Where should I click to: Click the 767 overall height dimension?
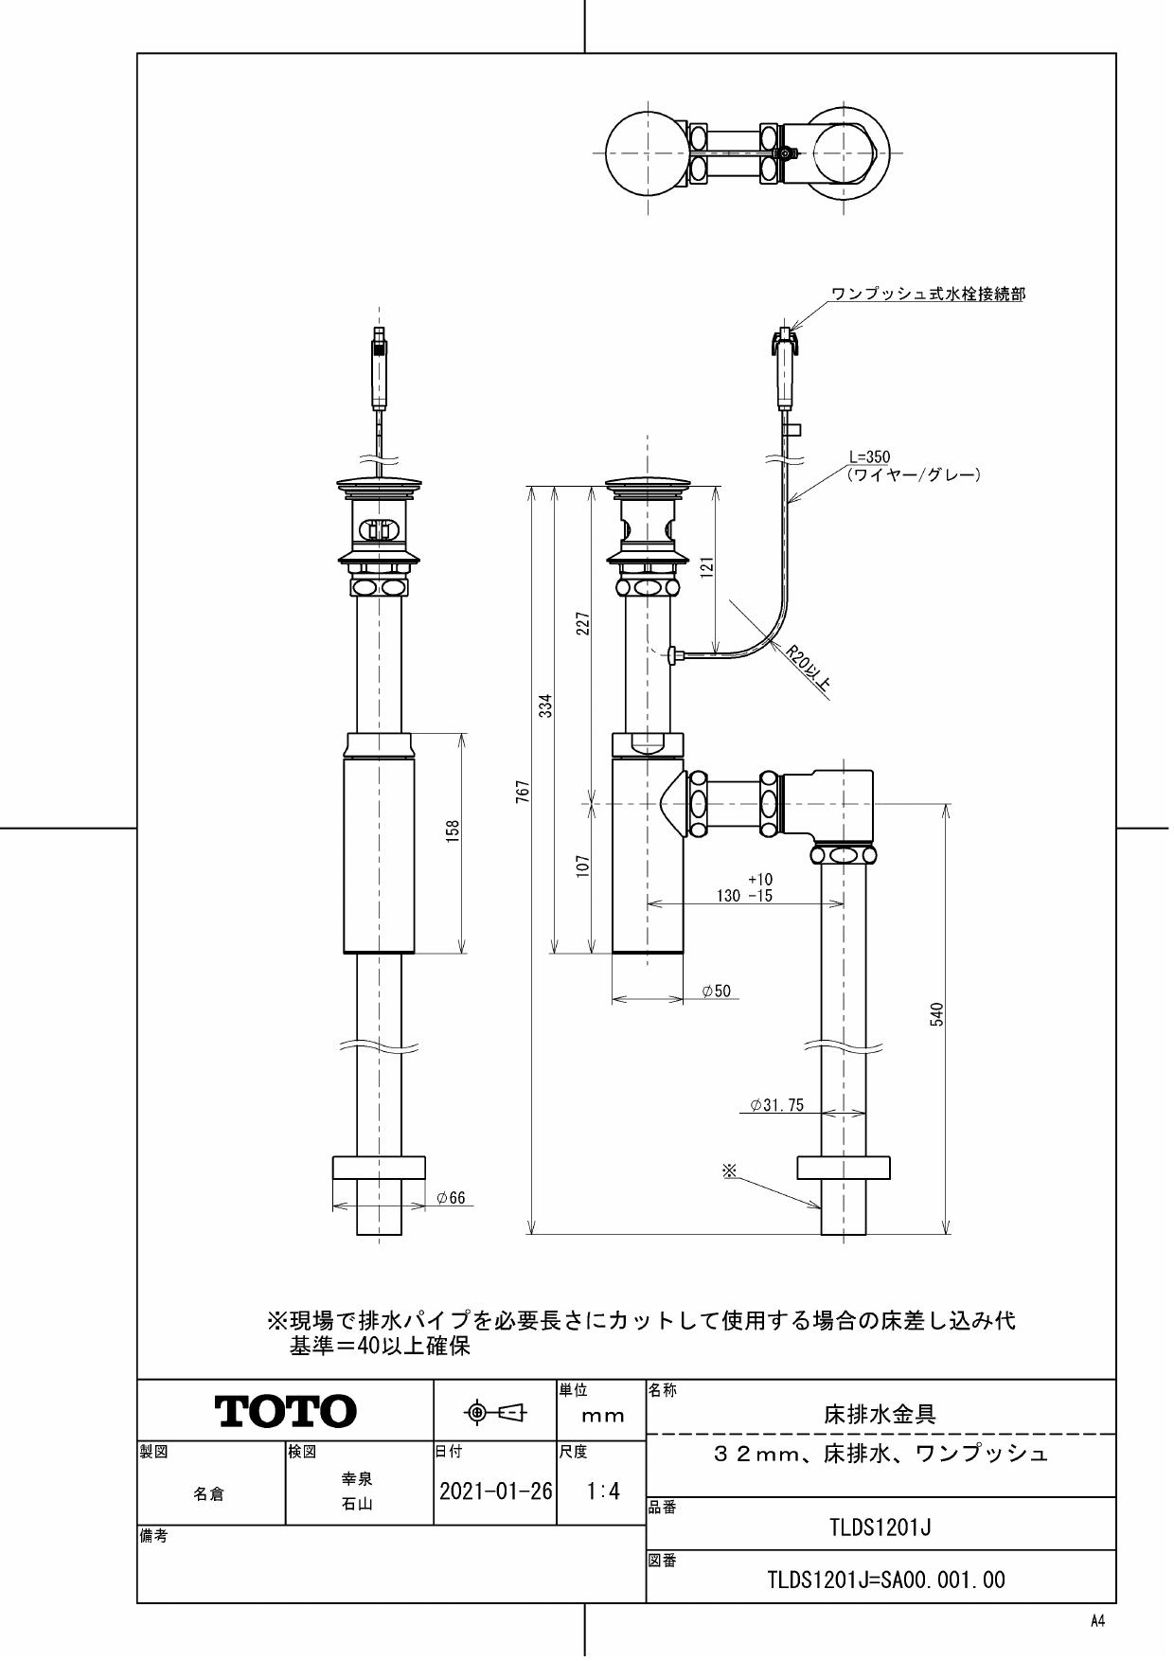[x=523, y=792]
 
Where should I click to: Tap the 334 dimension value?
[x=545, y=705]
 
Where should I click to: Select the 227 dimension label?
[x=583, y=623]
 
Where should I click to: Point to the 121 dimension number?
[x=707, y=566]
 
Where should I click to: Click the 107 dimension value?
[x=583, y=866]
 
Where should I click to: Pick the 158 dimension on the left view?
[x=454, y=830]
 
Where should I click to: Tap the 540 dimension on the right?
[x=937, y=1015]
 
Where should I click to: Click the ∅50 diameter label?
[x=716, y=991]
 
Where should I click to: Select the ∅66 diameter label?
[x=451, y=1198]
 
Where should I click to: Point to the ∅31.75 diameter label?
[x=776, y=1104]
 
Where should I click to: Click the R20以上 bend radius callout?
[x=809, y=672]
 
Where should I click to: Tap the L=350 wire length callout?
[x=869, y=457]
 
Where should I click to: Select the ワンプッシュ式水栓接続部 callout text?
[x=927, y=295]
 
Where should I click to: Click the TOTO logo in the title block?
[x=286, y=1411]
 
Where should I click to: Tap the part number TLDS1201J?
[x=880, y=1527]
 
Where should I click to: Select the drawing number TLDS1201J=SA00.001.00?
[x=886, y=1580]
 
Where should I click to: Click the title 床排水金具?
[x=880, y=1415]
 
